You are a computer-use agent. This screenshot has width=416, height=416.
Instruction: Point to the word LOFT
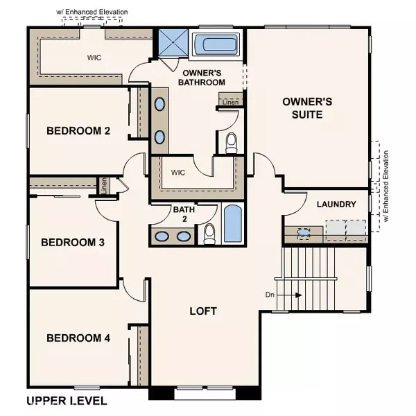[x=204, y=311]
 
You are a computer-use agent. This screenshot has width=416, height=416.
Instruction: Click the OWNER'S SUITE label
[x=307, y=107]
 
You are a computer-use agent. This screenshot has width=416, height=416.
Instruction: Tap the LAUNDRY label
[x=336, y=205]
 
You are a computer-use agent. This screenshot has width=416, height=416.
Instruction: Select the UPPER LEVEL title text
[x=67, y=401]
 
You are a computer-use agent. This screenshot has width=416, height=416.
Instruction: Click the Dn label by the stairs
[x=271, y=294]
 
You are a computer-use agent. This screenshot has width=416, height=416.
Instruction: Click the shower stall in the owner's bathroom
[x=171, y=43]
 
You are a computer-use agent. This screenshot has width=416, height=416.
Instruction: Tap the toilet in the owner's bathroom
[x=232, y=142]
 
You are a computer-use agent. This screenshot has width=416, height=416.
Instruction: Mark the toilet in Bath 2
[x=209, y=234]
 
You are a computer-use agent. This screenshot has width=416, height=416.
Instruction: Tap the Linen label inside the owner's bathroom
[x=231, y=103]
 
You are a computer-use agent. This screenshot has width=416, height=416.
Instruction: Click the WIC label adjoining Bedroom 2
[x=94, y=58]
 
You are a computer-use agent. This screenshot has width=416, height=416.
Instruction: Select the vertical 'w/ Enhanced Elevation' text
[x=385, y=186]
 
